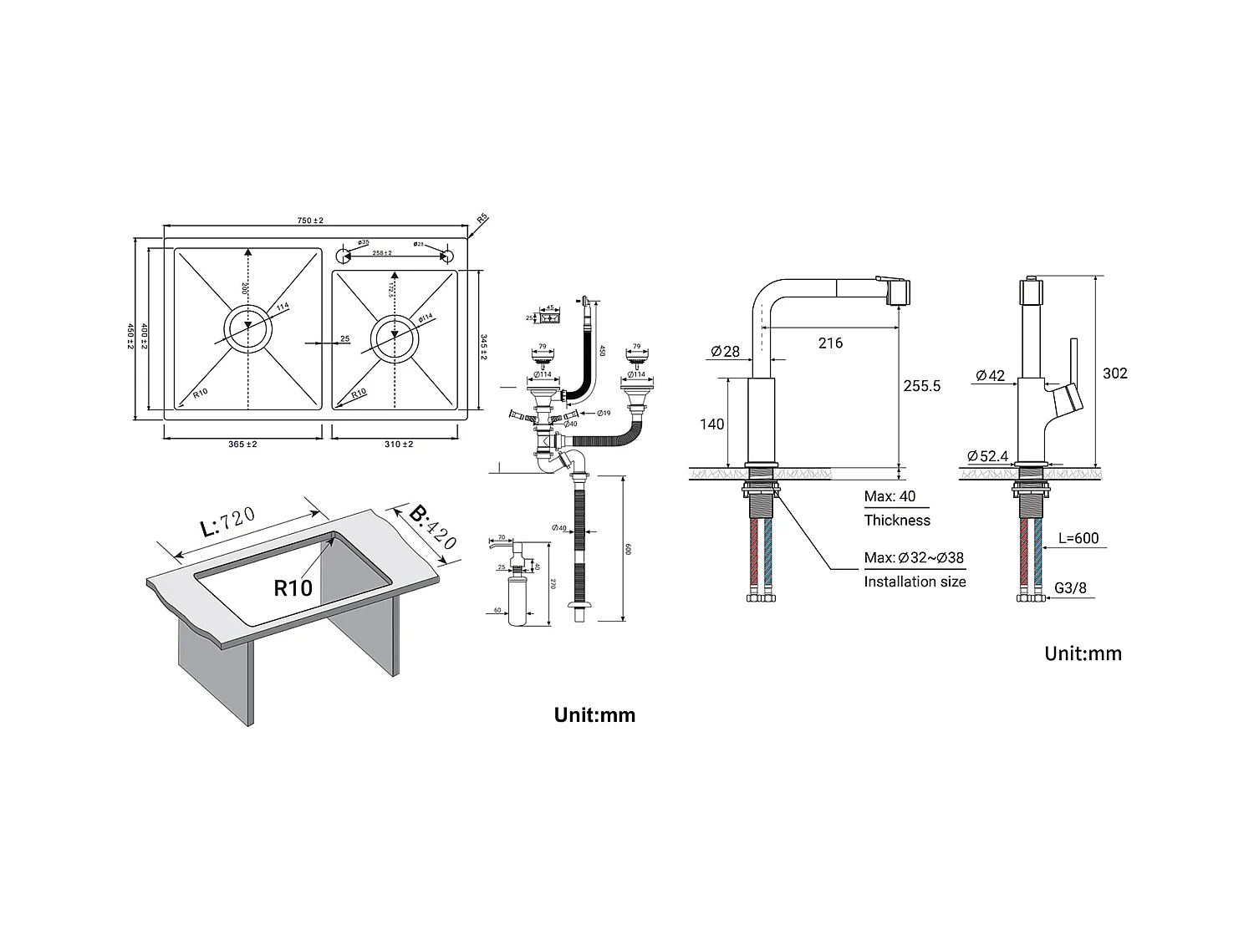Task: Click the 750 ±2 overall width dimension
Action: pyautogui.click(x=310, y=221)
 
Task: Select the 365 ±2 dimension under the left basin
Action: pyautogui.click(x=242, y=444)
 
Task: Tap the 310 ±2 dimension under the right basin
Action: pyautogui.click(x=398, y=444)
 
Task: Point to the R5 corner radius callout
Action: pyautogui.click(x=482, y=219)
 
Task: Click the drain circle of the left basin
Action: pyautogui.click(x=247, y=328)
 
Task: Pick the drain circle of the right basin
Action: pyautogui.click(x=393, y=338)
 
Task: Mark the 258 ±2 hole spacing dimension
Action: pyautogui.click(x=382, y=252)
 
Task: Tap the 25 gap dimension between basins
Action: pyautogui.click(x=344, y=339)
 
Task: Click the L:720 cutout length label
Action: pyautogui.click(x=227, y=522)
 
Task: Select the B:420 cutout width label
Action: pyautogui.click(x=433, y=527)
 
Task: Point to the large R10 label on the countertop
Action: pyautogui.click(x=293, y=588)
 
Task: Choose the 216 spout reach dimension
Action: pyautogui.click(x=830, y=343)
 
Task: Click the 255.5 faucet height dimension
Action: pyautogui.click(x=921, y=386)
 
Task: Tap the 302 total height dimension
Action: pyautogui.click(x=1114, y=373)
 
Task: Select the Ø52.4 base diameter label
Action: pyautogui.click(x=988, y=456)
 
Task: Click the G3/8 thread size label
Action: pyautogui.click(x=1070, y=588)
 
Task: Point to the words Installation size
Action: pyautogui.click(x=915, y=582)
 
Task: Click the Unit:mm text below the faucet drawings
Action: pyautogui.click(x=1083, y=653)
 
